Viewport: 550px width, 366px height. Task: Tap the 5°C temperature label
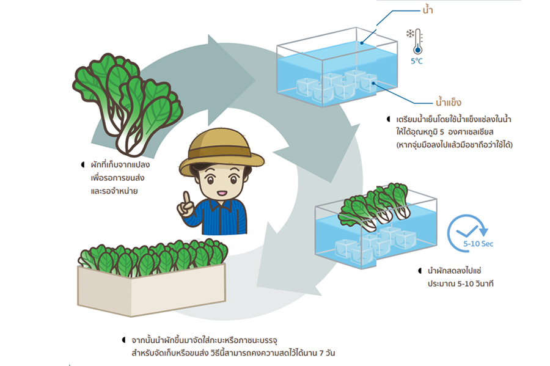(x=416, y=62)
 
